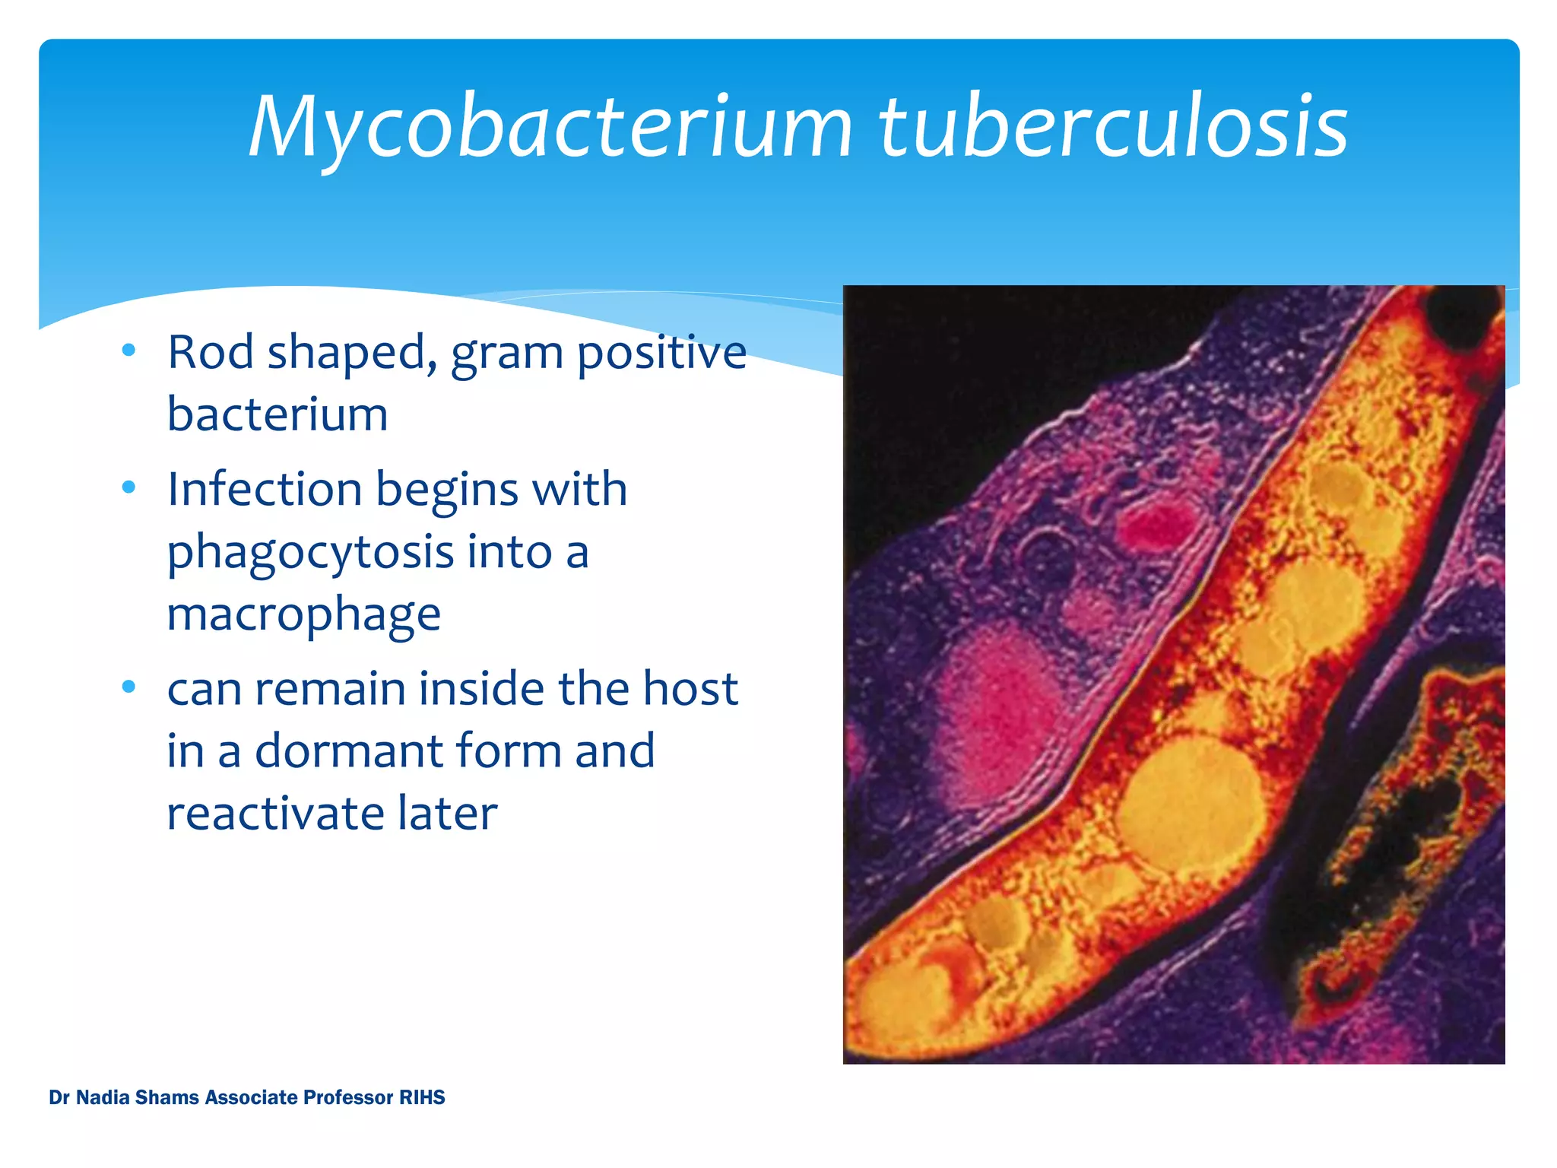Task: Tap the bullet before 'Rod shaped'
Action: coord(128,350)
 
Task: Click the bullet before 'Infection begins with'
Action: coord(128,487)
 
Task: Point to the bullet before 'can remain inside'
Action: coord(128,687)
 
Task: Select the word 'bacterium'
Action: coord(277,414)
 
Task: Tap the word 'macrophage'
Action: coord(303,614)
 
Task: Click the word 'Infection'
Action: coord(264,489)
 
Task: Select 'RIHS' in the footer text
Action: coord(422,1097)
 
